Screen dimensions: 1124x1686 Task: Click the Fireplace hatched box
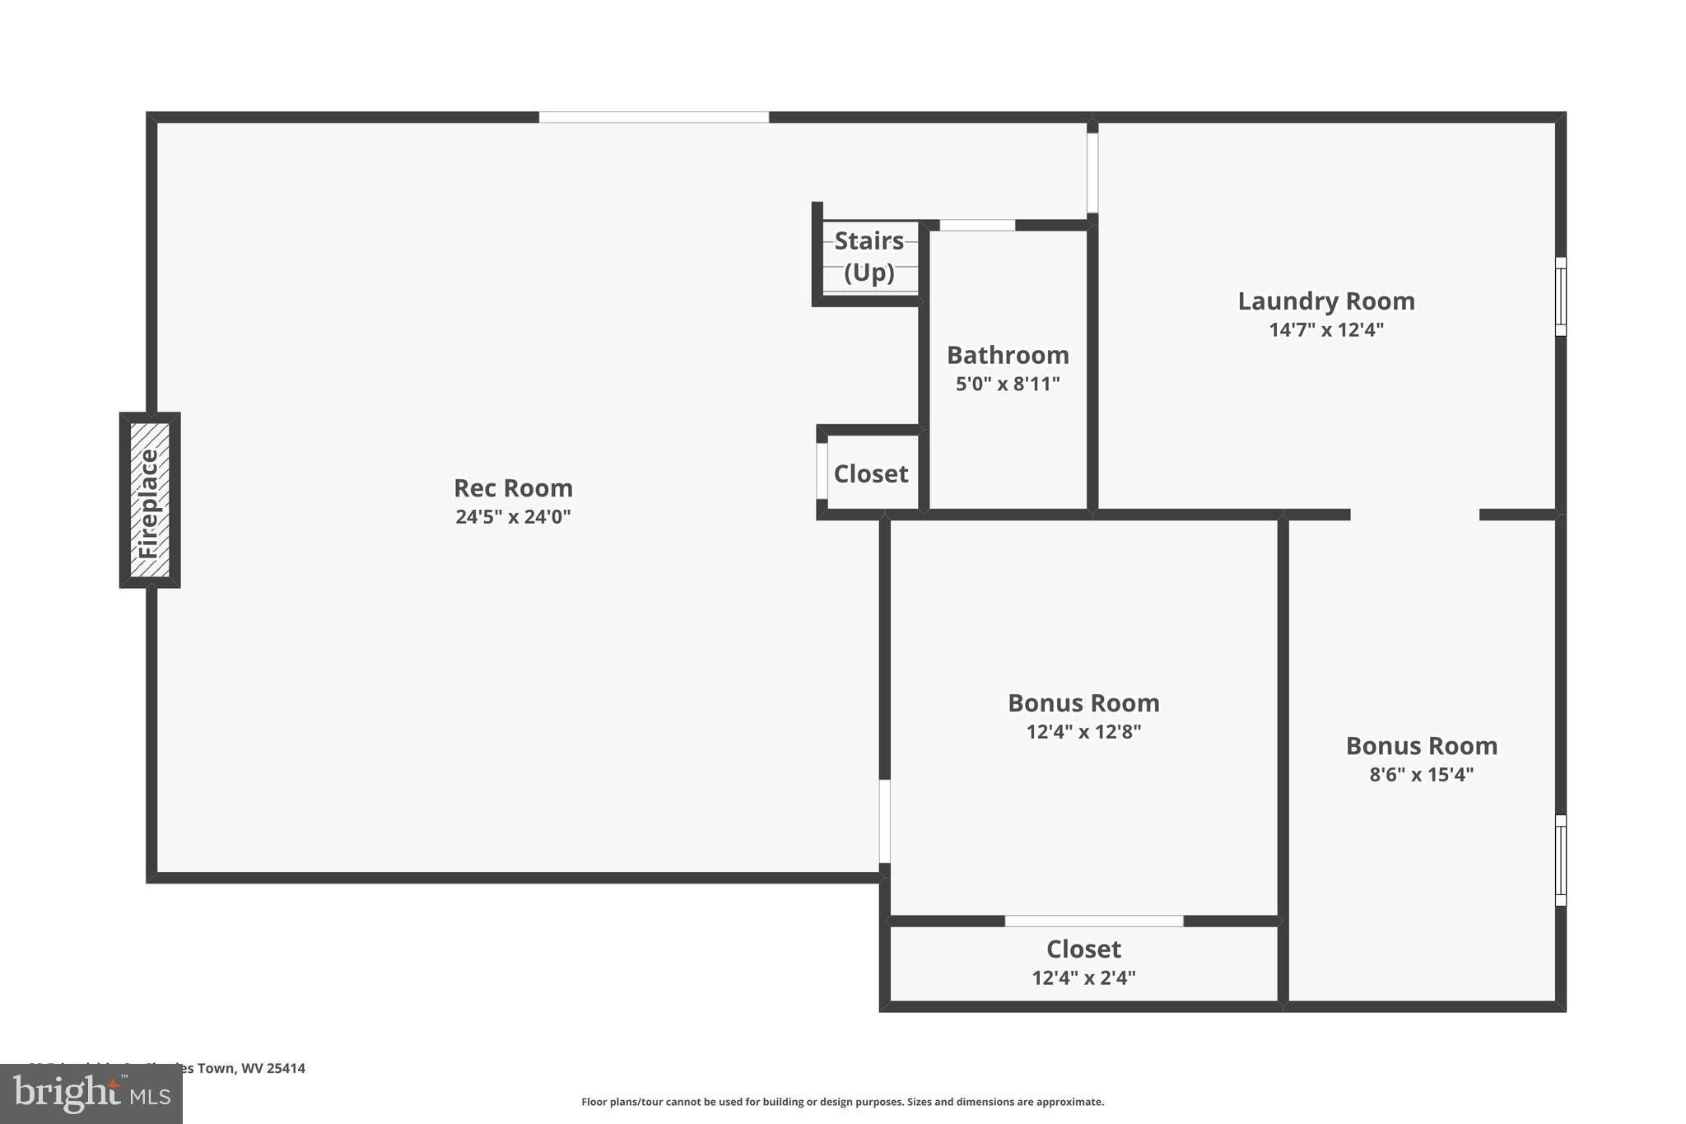point(150,500)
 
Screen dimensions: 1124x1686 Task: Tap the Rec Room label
point(513,488)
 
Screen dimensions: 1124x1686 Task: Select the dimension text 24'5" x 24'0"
point(513,517)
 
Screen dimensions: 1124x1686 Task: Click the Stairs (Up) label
point(869,256)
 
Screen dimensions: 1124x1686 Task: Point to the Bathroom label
point(1008,356)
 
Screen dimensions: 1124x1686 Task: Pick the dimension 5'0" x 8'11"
point(1008,384)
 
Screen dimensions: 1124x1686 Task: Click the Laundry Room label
point(1326,301)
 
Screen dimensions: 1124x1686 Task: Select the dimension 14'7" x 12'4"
point(1326,330)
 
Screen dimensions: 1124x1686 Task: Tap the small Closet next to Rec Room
point(871,474)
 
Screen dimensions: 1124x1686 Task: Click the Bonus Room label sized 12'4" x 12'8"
point(1083,703)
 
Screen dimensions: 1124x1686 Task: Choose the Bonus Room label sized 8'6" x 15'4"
point(1421,746)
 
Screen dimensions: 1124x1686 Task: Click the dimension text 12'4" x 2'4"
point(1083,978)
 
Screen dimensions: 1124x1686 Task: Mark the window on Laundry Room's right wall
point(1560,296)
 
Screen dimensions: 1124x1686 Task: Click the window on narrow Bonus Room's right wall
point(1560,860)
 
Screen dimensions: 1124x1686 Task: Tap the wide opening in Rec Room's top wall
point(654,118)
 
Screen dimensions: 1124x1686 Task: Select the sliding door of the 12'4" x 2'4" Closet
point(1094,921)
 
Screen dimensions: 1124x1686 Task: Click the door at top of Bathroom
point(977,225)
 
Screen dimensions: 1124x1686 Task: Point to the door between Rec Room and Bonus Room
point(884,821)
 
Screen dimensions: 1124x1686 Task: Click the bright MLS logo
point(91,1094)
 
